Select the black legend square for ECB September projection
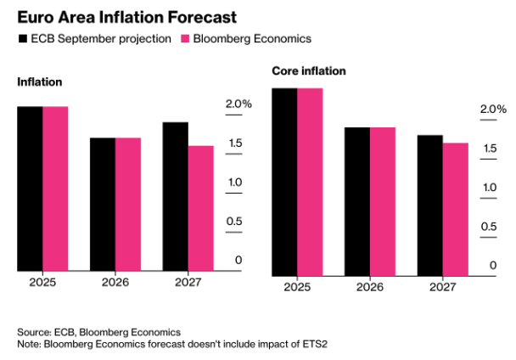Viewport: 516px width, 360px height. click(x=22, y=39)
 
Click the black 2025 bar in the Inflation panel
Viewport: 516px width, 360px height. click(x=30, y=188)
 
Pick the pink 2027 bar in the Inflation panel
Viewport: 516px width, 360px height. click(x=201, y=209)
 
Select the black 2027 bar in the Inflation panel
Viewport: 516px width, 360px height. click(x=176, y=197)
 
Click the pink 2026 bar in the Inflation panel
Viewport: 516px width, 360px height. click(x=128, y=205)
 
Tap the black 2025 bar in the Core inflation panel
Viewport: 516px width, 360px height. click(x=284, y=182)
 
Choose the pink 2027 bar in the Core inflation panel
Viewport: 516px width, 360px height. click(x=456, y=209)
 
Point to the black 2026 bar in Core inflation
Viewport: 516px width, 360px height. click(x=357, y=201)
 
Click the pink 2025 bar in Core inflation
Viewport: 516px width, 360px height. click(x=310, y=182)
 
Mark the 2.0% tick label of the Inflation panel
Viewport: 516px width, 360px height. click(x=239, y=104)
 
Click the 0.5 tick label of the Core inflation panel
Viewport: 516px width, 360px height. click(x=489, y=227)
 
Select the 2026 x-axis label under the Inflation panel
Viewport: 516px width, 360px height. click(x=115, y=282)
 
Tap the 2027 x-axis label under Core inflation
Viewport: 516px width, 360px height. click(x=443, y=286)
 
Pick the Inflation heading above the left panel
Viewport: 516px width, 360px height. click(x=40, y=82)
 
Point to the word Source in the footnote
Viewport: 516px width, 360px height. click(x=35, y=331)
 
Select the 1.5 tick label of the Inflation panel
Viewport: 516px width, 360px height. click(x=233, y=143)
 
